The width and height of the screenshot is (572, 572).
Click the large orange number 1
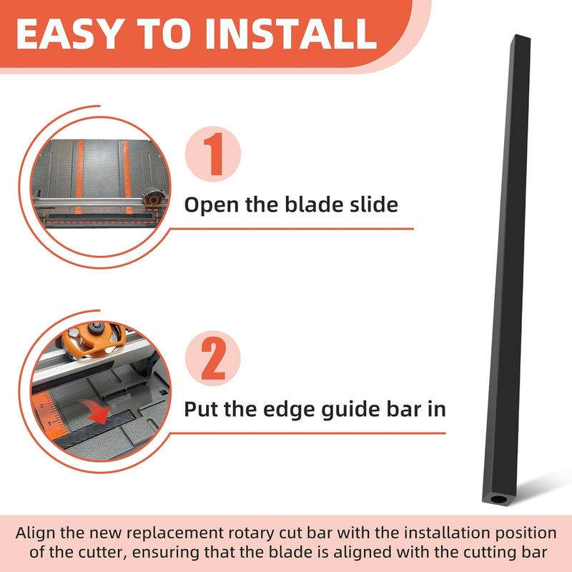point(213,155)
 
